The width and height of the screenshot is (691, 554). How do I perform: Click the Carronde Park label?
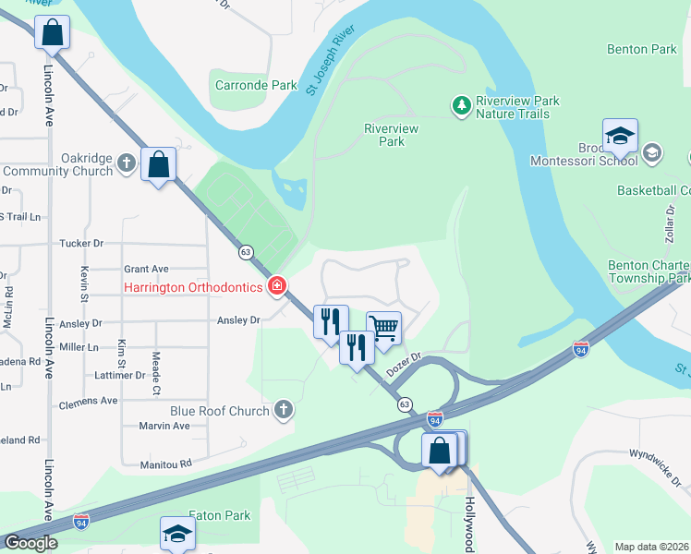[x=256, y=85]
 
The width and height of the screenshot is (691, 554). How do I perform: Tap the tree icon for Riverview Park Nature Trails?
[x=461, y=106]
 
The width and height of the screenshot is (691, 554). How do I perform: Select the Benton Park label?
[x=641, y=48]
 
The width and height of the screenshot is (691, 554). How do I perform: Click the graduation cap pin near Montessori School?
[x=620, y=137]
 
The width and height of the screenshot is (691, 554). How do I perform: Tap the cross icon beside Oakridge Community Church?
[x=127, y=164]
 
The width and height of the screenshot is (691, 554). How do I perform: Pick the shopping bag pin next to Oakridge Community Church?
[x=159, y=164]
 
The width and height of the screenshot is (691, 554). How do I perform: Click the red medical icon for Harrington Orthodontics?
[x=276, y=288]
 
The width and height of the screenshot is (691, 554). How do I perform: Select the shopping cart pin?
[x=383, y=327]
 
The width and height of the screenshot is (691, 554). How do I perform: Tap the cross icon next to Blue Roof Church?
[x=284, y=410]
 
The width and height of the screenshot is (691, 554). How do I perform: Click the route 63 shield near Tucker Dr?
[x=245, y=251]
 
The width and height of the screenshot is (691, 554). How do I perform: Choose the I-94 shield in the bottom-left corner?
[x=81, y=522]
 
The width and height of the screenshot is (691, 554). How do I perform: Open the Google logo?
[x=30, y=543]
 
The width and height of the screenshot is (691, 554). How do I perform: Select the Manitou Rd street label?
[x=165, y=464]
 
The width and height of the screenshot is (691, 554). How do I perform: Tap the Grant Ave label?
[x=146, y=269]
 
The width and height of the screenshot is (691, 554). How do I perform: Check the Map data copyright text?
[x=651, y=547]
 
